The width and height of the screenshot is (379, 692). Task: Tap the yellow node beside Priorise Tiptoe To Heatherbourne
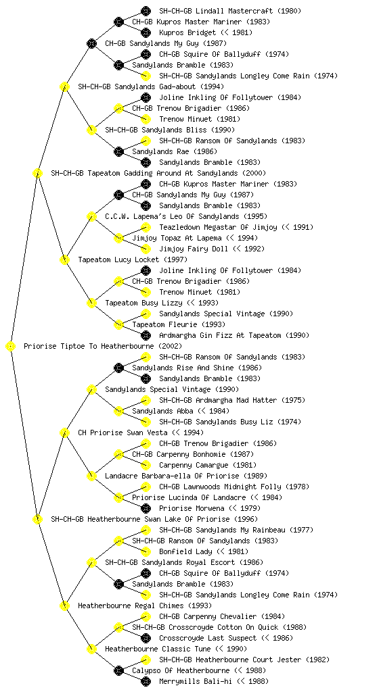click(11, 347)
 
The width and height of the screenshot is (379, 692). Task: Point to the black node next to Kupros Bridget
click(146, 32)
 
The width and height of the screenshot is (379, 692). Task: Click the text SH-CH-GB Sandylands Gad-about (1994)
click(151, 86)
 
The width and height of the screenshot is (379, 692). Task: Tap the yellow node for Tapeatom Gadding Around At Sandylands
click(37, 174)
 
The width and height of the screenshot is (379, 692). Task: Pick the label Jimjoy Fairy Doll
click(194, 249)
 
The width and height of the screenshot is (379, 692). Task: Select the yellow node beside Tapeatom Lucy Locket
click(64, 260)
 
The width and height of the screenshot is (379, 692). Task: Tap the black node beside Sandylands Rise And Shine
click(118, 368)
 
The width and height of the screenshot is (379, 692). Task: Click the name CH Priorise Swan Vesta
click(122, 432)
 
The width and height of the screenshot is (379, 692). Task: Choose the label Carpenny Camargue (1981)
click(208, 465)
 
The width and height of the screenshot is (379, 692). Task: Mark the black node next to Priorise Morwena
click(146, 508)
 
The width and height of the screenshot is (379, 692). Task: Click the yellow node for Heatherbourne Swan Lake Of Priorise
click(37, 520)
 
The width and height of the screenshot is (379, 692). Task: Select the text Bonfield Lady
click(185, 551)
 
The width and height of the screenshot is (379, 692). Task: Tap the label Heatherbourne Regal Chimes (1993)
click(145, 605)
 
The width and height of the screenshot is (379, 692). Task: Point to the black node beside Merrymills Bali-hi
click(146, 681)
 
